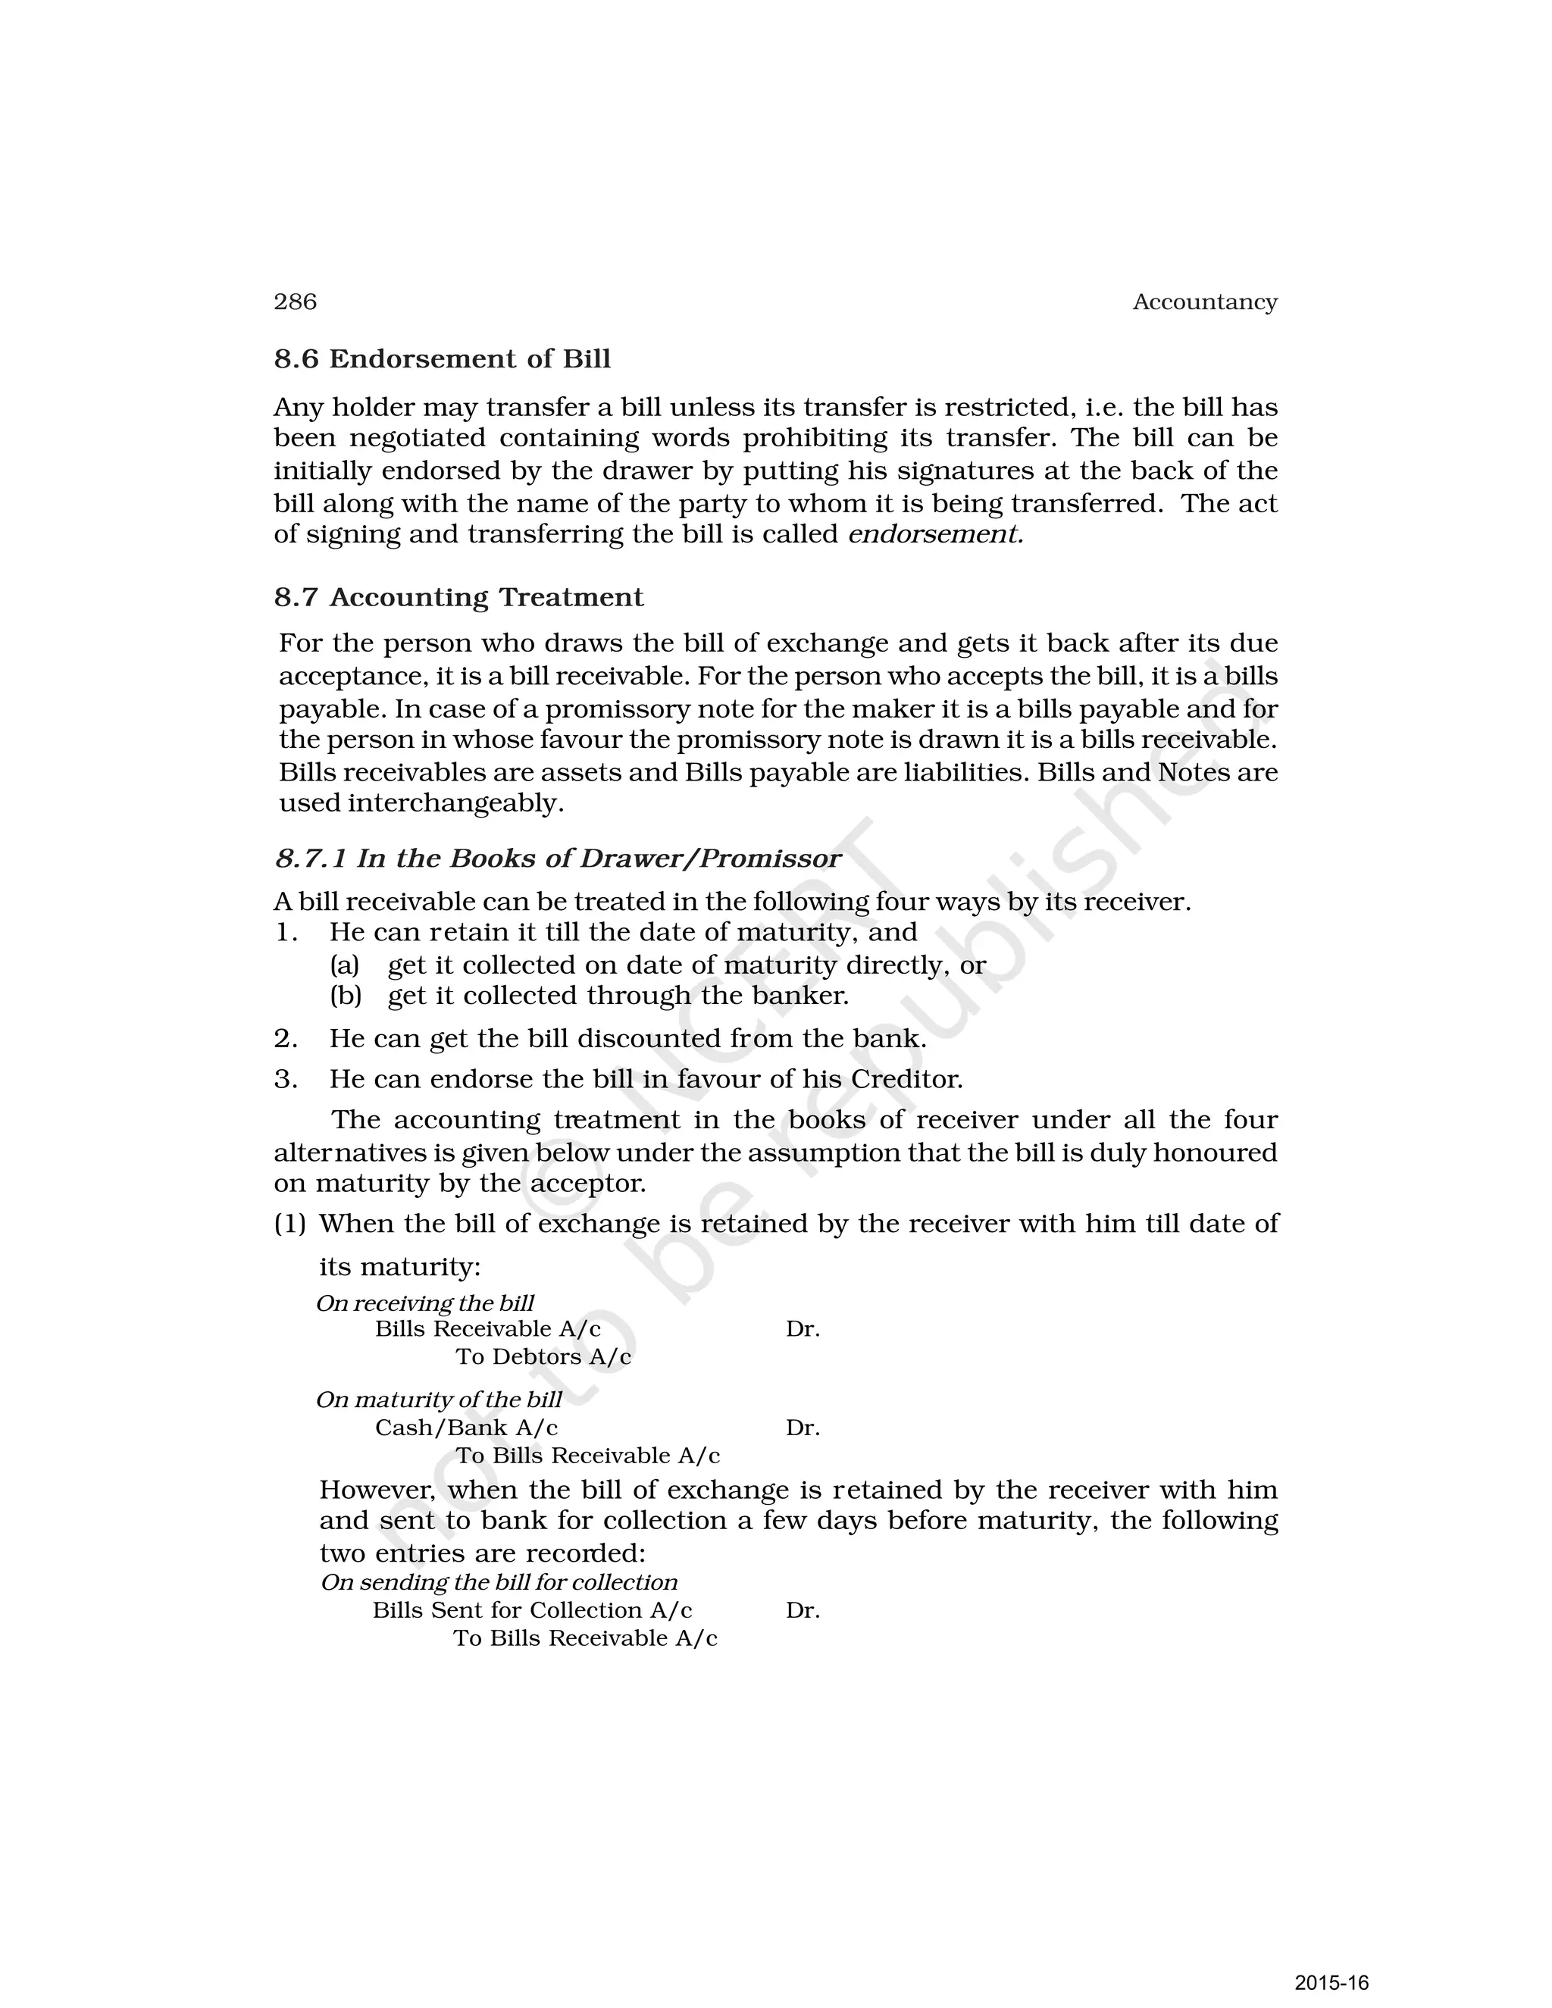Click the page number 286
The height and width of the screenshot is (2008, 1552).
coord(295,302)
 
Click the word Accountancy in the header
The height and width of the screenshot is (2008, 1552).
coord(1204,302)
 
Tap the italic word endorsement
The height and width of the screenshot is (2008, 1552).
coord(934,534)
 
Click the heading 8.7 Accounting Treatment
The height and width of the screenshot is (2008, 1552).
coord(458,598)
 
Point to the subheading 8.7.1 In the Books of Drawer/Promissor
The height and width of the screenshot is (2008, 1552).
coord(557,859)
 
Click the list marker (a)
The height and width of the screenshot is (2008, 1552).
coord(345,965)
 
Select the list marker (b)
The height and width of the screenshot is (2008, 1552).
coord(346,996)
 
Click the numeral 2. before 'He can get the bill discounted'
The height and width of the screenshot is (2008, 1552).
coord(286,1039)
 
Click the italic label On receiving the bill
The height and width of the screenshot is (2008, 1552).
coord(425,1303)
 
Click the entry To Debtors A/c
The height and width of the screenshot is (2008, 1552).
coord(543,1357)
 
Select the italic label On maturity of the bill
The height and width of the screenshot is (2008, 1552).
coord(439,1400)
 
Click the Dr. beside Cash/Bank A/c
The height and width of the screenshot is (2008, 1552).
coord(803,1428)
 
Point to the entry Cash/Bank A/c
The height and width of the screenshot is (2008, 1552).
coord(466,1428)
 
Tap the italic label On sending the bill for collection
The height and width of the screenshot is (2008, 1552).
coord(499,1582)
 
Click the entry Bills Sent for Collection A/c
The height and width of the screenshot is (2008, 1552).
coord(532,1610)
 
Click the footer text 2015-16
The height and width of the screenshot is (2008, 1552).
coord(1331,1982)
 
